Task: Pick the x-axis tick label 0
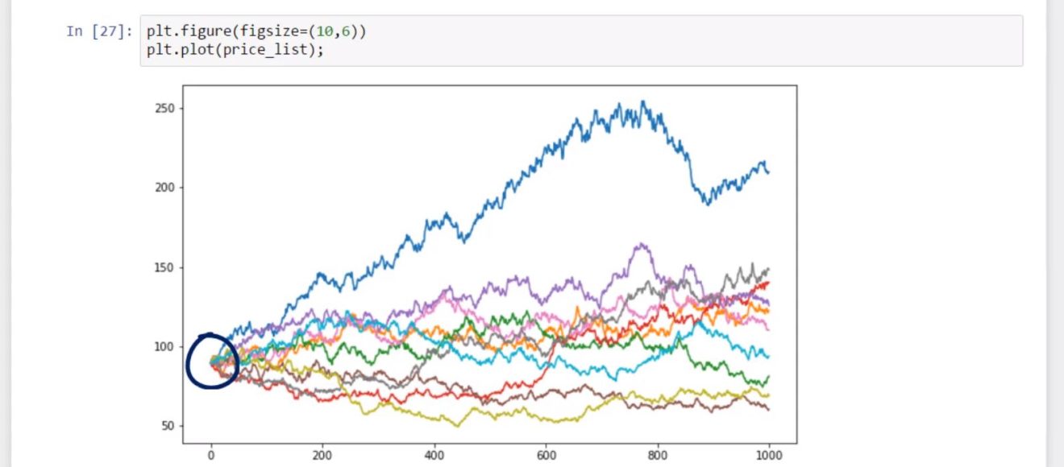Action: point(211,455)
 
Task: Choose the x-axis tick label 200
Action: point(322,455)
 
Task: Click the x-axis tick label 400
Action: point(434,455)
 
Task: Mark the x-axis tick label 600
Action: point(546,455)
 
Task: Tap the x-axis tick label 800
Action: point(657,455)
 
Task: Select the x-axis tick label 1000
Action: point(768,455)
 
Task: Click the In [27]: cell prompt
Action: point(99,31)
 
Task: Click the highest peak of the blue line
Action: point(642,101)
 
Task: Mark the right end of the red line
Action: point(768,283)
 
